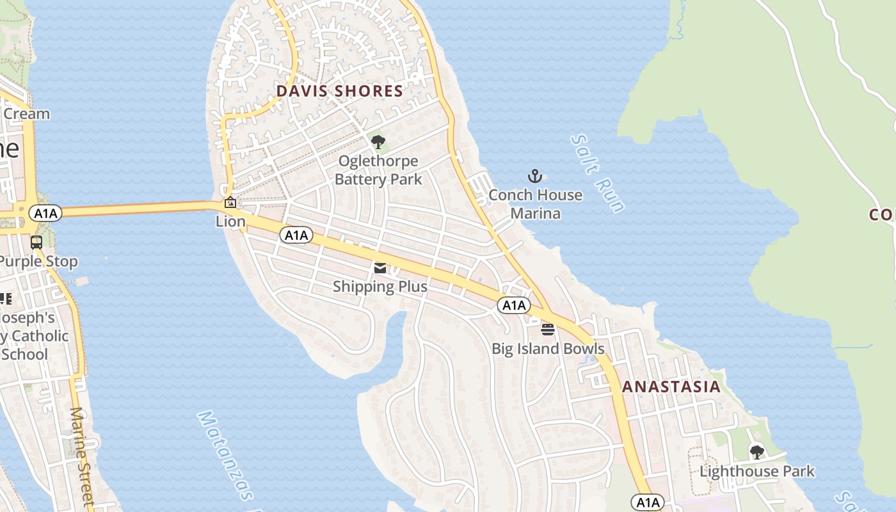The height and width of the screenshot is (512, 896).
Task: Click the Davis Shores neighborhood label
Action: point(340,92)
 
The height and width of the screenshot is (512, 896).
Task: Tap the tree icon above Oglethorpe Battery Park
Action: point(378,142)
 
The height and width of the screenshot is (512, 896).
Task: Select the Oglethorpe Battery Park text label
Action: point(378,170)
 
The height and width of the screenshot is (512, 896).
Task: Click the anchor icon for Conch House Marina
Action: point(534,176)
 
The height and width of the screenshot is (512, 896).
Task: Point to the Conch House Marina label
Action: point(536,204)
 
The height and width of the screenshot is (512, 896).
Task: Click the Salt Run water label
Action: point(597,173)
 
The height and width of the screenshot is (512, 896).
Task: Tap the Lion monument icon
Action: point(230,203)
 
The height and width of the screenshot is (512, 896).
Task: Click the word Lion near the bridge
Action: point(230,221)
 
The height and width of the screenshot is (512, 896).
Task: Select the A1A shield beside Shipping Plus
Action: point(296,236)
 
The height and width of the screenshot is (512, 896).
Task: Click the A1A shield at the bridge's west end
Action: point(45,213)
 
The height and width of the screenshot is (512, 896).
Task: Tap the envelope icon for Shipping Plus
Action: point(380,268)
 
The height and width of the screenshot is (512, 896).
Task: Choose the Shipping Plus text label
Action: point(380,287)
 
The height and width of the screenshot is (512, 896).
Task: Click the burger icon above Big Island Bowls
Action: point(548,330)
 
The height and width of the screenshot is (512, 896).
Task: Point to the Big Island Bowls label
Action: point(548,349)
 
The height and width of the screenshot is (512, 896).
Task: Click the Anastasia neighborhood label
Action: point(671,387)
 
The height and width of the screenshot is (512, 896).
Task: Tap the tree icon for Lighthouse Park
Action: point(757,452)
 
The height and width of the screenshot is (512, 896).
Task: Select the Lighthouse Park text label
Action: point(757,472)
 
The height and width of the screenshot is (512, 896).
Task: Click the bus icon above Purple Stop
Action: point(36,243)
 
